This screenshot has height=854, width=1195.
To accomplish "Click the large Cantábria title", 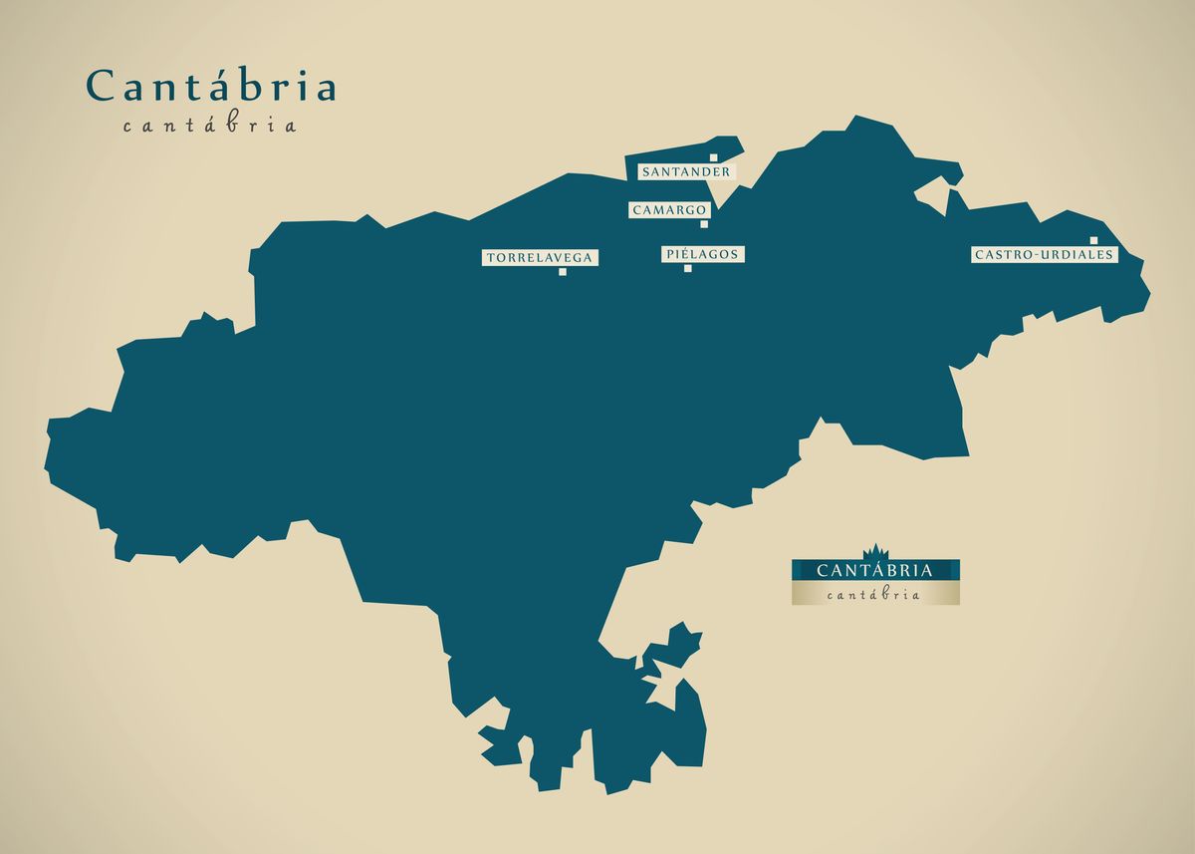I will (211, 87).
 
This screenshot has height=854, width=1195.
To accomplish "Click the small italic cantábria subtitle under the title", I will (210, 127).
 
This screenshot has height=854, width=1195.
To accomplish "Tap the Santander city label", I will (686, 172).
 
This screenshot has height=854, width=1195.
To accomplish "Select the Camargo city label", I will (669, 210).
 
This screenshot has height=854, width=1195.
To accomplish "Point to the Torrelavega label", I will (540, 258).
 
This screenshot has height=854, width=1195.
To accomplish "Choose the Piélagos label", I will (702, 254).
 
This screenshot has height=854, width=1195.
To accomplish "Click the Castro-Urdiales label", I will (1044, 255).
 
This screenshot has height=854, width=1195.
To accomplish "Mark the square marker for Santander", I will (714, 157).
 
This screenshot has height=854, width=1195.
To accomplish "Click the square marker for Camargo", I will (704, 223).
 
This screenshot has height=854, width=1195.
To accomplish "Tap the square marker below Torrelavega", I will (563, 271).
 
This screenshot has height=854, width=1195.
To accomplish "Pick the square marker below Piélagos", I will (688, 268).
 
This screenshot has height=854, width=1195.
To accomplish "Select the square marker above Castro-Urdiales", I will (1093, 240).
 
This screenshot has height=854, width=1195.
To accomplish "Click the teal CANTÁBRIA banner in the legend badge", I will (875, 571).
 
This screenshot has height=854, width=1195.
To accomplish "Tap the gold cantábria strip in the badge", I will (875, 595).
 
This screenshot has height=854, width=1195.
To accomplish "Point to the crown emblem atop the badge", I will (875, 551).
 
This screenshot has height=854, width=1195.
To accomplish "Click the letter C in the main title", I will (100, 87).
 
